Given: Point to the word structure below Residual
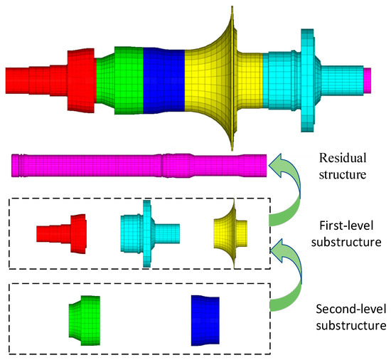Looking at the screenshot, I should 343,173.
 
